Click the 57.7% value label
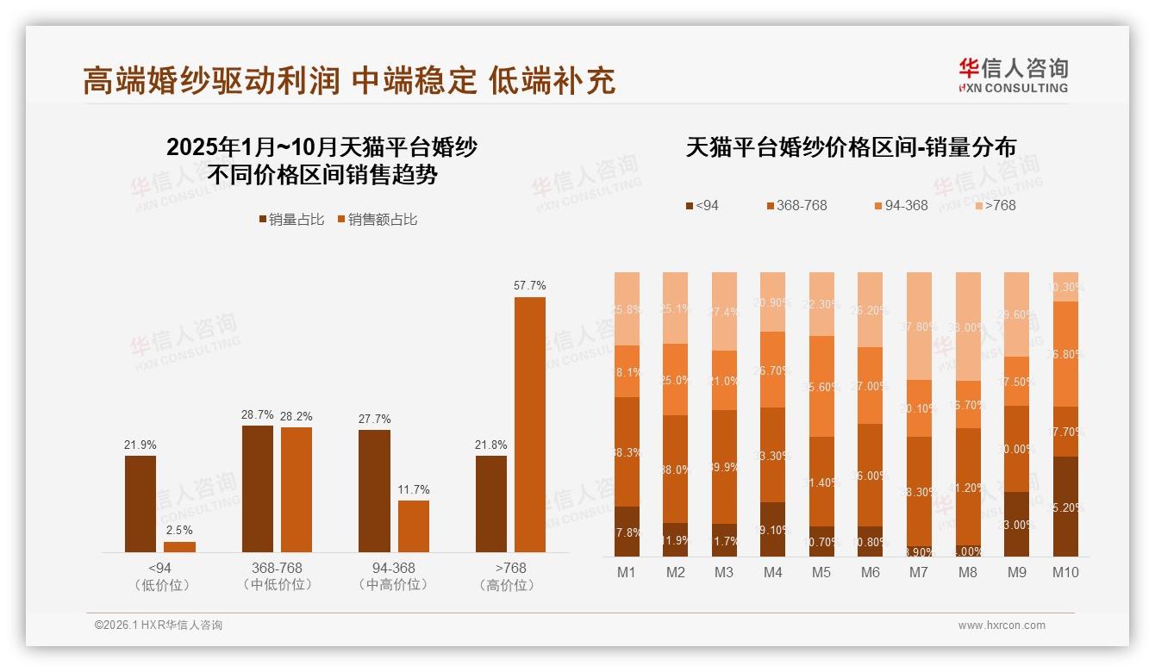(x=529, y=285)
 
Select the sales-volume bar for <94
(x=140, y=504)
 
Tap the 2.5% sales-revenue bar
(x=179, y=546)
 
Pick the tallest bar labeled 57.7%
(x=529, y=424)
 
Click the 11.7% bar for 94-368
(x=413, y=526)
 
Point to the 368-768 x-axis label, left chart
(x=277, y=569)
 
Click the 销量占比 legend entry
(x=290, y=220)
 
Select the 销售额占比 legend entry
(x=377, y=220)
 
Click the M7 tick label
(x=918, y=572)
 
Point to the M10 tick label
(x=1065, y=572)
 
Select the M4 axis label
(x=772, y=572)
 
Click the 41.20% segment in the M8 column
(x=968, y=487)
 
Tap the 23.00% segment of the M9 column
(x=1017, y=524)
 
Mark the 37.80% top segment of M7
(x=919, y=326)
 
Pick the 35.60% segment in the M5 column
(x=821, y=386)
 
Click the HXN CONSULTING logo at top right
(x=1013, y=76)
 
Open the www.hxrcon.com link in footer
(x=1002, y=625)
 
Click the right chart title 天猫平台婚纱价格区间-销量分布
(x=850, y=147)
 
